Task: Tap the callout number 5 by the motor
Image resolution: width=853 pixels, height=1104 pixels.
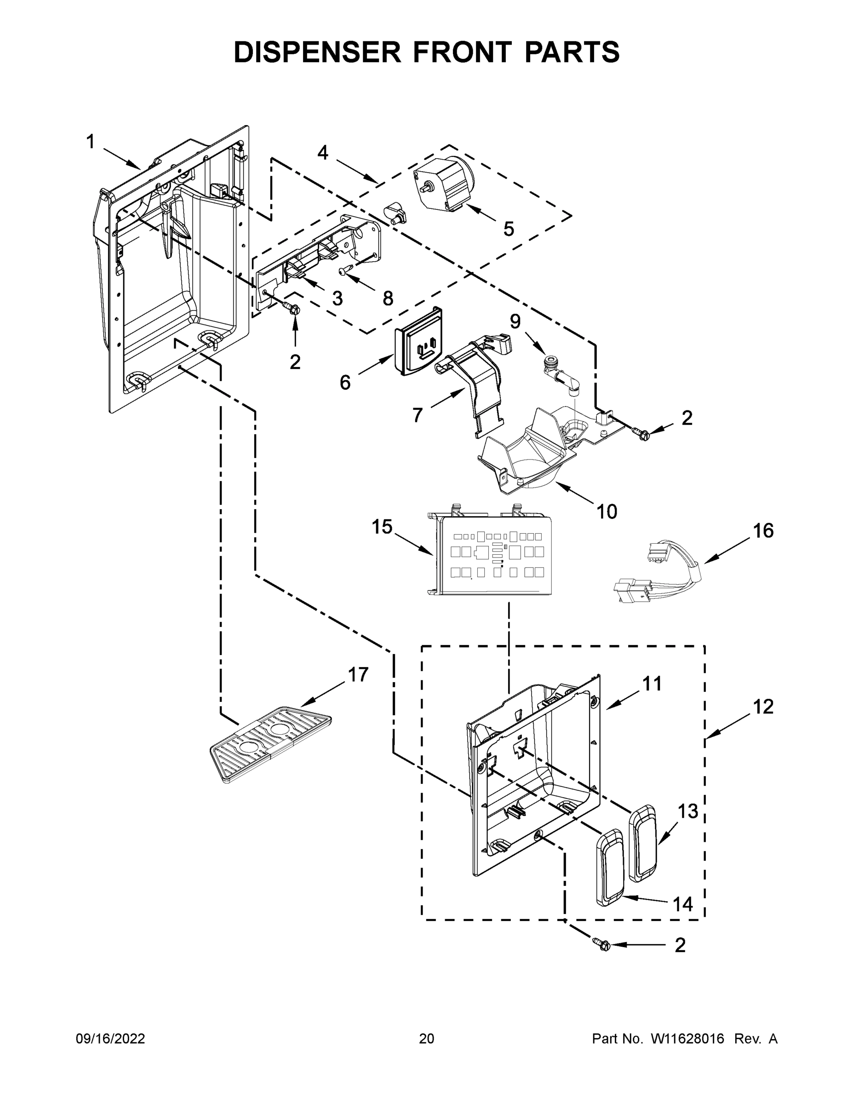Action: [x=509, y=229]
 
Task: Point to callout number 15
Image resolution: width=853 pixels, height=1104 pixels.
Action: [x=382, y=527]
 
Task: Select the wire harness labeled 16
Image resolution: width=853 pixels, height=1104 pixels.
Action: [x=657, y=571]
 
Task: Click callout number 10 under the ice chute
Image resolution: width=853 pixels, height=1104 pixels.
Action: [x=607, y=512]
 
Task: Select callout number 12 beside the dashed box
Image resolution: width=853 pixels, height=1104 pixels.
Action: [x=763, y=707]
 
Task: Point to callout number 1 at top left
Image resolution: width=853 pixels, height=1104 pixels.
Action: [x=91, y=142]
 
